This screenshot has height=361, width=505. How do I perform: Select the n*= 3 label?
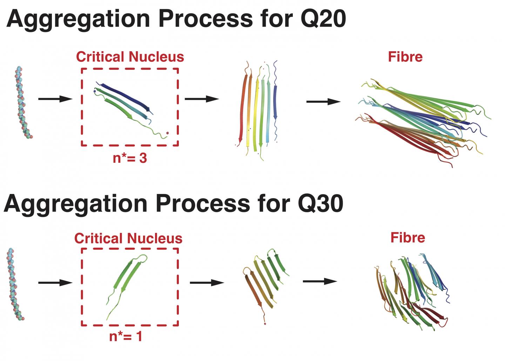[x=130, y=158]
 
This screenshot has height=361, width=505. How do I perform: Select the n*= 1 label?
[x=126, y=336]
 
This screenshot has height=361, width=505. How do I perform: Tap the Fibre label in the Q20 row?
[x=405, y=57]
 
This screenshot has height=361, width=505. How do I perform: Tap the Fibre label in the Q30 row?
[x=408, y=238]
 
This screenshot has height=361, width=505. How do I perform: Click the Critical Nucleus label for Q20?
[x=130, y=57]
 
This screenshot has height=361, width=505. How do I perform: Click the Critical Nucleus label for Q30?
[x=128, y=239]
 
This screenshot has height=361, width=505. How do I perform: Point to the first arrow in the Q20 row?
[x=55, y=99]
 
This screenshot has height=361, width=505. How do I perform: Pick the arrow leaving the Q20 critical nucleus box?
[x=202, y=99]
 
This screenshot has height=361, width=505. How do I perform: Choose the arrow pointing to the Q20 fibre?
[x=323, y=102]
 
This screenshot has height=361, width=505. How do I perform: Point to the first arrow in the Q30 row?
[x=55, y=283]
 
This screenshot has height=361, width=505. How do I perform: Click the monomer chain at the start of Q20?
[x=23, y=102]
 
